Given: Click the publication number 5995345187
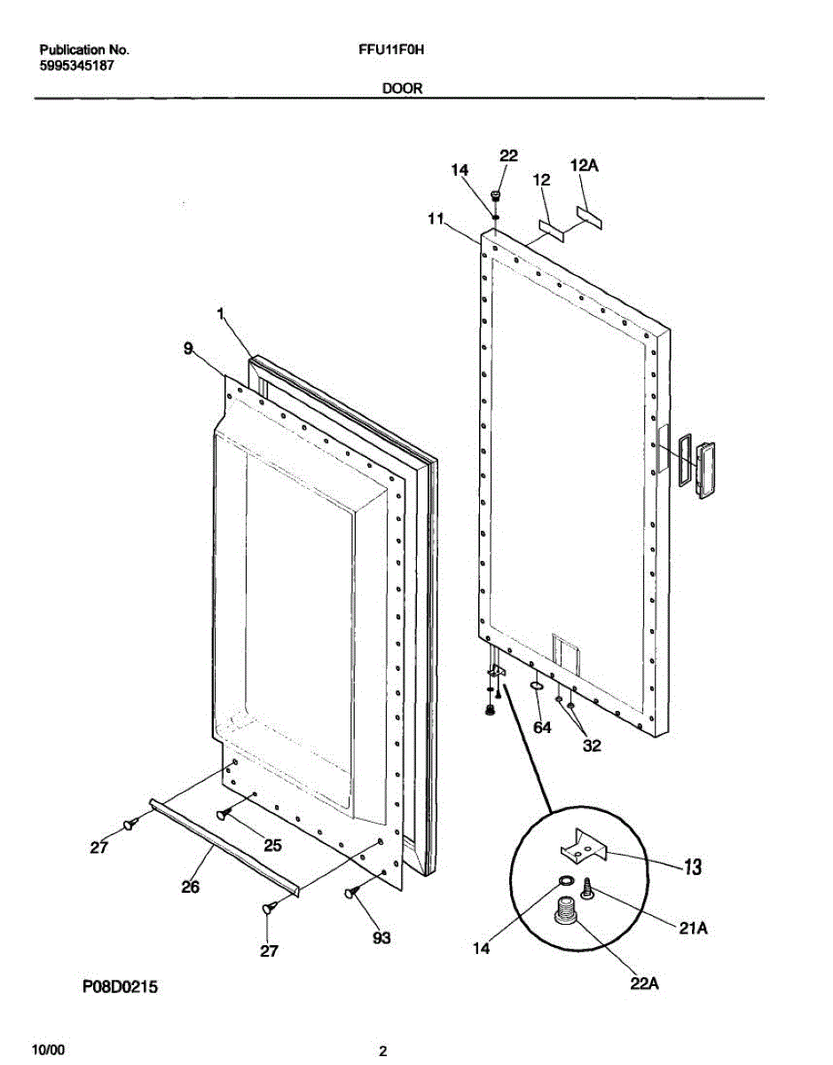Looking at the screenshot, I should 76,66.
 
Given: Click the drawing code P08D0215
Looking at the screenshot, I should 120,986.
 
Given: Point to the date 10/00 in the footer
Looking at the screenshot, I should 48,1050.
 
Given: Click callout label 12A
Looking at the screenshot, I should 584,166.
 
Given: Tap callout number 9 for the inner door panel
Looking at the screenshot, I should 187,350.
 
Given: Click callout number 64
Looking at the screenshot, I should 542,728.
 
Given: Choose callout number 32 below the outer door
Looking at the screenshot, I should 592,746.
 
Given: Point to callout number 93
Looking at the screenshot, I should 381,938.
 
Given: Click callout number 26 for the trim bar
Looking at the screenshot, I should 191,886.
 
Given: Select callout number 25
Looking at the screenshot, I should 273,846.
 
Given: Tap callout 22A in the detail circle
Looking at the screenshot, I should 645,984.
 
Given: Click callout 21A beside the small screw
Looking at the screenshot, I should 694,929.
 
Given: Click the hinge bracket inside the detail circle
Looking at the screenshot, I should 582,848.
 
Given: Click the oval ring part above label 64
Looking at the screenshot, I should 537,686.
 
